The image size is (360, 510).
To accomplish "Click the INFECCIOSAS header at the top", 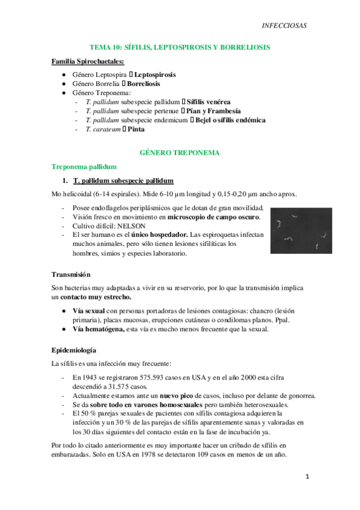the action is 285,25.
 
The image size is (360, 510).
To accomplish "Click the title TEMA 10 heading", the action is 179,46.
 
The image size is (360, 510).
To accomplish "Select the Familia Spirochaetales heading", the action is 88,62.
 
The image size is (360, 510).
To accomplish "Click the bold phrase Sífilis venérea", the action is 209,102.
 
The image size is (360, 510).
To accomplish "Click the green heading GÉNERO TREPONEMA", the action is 179,153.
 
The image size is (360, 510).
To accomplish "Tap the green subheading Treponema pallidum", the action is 84,167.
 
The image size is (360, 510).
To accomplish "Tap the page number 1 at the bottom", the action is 307,476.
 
